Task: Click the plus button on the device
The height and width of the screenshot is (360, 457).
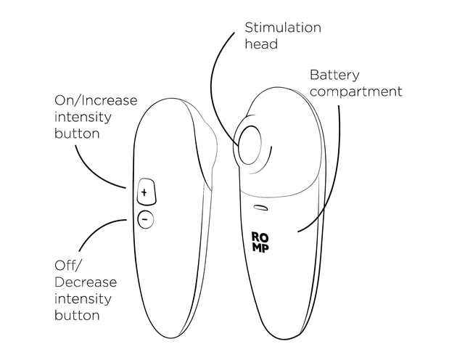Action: [x=144, y=192]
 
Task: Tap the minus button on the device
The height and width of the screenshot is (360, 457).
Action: [x=144, y=218]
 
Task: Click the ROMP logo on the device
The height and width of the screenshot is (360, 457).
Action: [x=260, y=242]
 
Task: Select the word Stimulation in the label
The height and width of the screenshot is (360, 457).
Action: [x=282, y=28]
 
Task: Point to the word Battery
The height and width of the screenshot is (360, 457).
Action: [x=334, y=75]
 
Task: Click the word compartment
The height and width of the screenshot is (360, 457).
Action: [x=355, y=92]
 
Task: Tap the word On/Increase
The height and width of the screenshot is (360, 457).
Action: [x=96, y=100]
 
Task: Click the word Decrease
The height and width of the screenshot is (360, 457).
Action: [x=85, y=282]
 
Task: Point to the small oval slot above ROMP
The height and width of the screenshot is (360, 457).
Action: [x=260, y=208]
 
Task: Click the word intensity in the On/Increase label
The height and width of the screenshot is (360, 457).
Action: [x=84, y=117]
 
